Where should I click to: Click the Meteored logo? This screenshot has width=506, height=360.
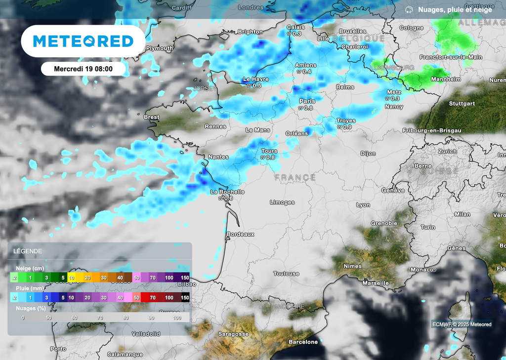point(83,41)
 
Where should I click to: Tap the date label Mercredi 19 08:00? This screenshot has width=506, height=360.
point(83,69)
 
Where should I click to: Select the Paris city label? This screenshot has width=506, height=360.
point(307,101)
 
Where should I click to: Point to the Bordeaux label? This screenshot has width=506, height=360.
point(240,234)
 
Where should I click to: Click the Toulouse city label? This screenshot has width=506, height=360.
point(286,273)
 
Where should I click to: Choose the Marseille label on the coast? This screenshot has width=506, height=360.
point(375,283)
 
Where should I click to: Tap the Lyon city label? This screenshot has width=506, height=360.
point(363,204)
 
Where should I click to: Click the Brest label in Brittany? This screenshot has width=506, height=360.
point(151,117)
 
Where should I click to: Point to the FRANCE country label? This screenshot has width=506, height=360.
point(295,177)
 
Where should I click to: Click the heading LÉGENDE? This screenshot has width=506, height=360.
point(28,251)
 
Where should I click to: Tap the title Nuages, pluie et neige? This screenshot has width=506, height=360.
point(455,9)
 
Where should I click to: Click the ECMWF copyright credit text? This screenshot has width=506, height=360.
point(462,324)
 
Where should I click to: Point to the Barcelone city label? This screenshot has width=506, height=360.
point(303,342)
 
